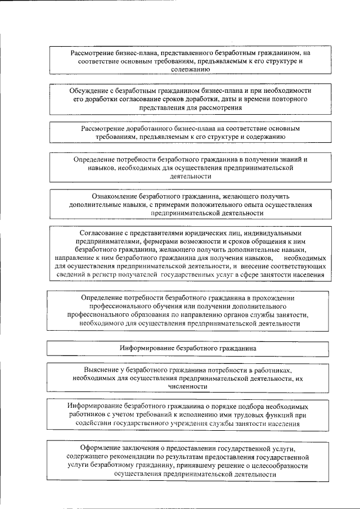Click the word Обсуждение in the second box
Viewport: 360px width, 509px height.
point(89,90)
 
